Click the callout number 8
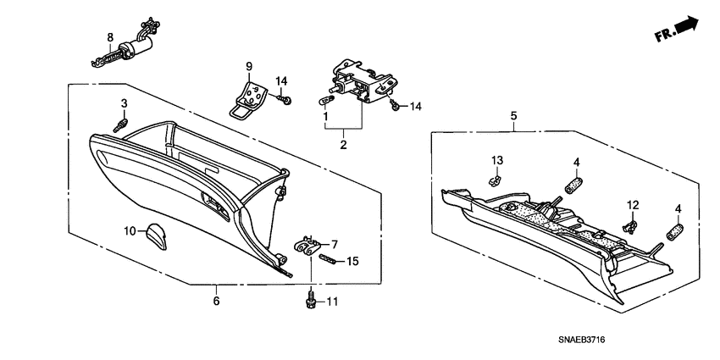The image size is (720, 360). click(x=109, y=36)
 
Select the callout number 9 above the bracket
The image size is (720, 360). click(x=250, y=66)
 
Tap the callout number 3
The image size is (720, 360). click(x=124, y=103)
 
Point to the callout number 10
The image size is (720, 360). click(x=130, y=230)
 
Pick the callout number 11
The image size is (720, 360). click(x=332, y=301)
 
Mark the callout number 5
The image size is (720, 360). click(x=512, y=115)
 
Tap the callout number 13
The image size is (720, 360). click(x=497, y=160)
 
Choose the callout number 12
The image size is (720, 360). click(x=632, y=204)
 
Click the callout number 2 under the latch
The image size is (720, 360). click(x=344, y=146)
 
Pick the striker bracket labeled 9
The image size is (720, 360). click(x=251, y=96)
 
